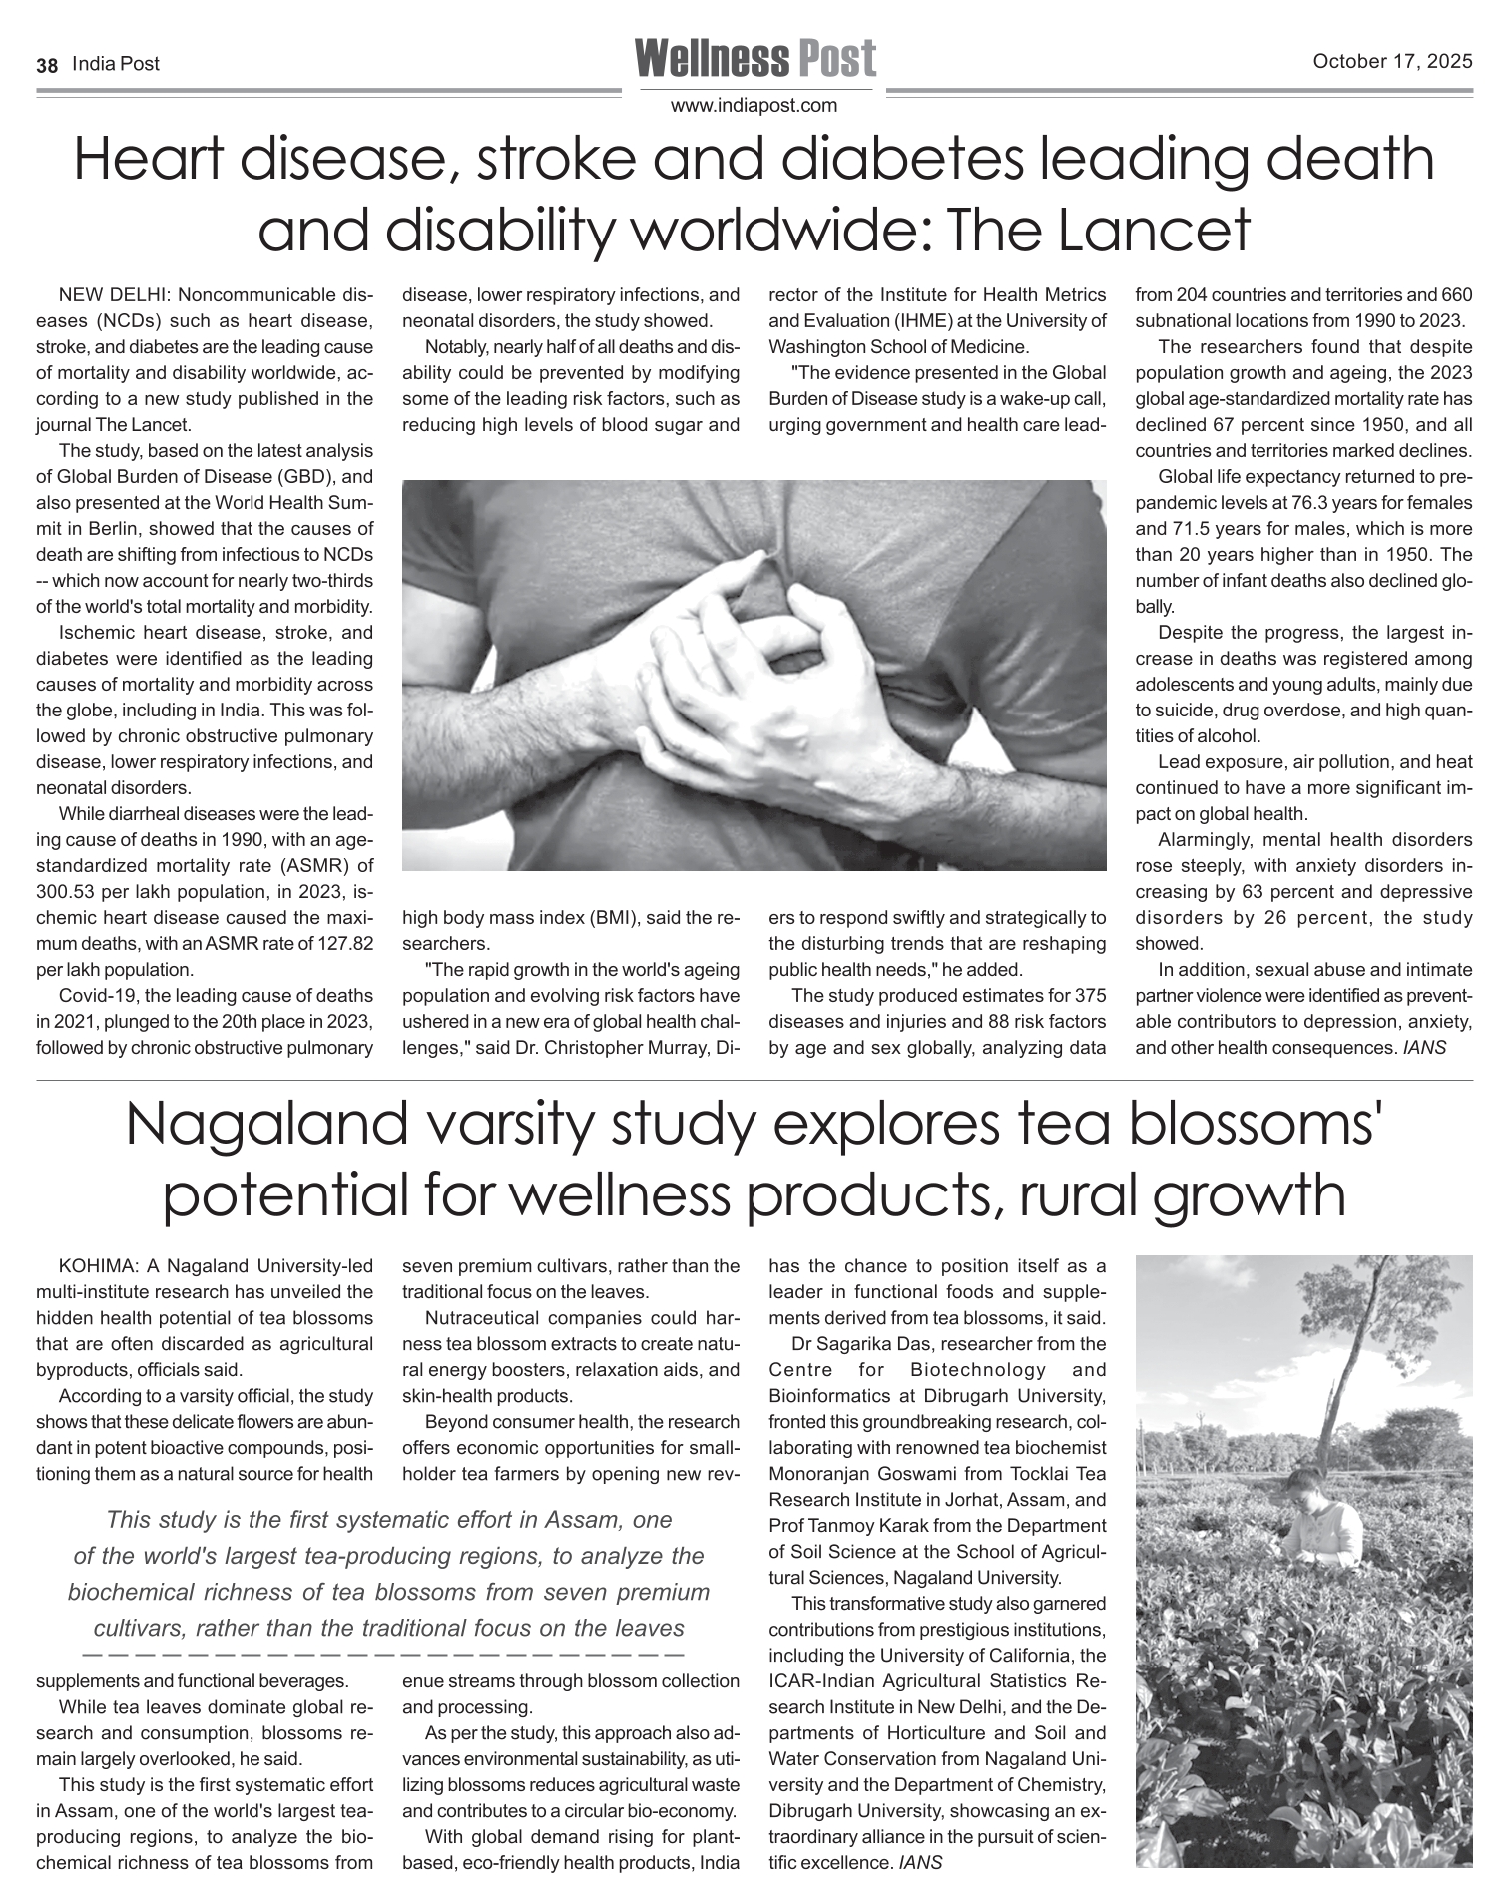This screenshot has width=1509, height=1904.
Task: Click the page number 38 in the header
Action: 46,65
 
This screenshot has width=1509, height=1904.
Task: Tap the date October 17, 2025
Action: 1392,62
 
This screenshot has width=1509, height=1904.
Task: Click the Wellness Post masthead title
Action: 754,58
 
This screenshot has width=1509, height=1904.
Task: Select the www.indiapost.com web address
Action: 754,106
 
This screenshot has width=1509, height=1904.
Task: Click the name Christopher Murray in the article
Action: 615,1048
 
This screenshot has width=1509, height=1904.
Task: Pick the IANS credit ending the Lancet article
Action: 1423,1048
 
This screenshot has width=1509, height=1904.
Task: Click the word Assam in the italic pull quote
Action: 589,1520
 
